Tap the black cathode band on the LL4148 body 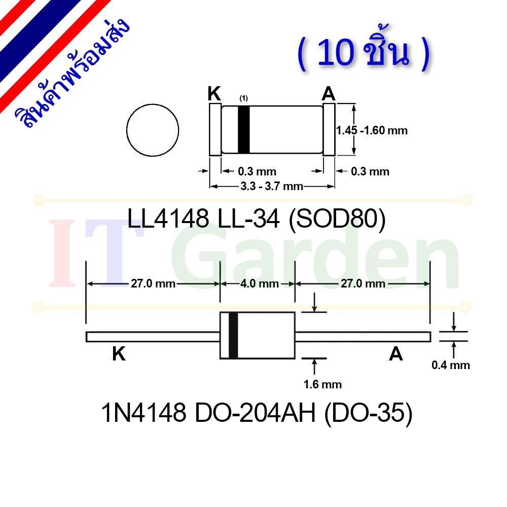click(x=244, y=129)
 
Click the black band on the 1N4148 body click(x=233, y=335)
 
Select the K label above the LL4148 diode click(x=214, y=93)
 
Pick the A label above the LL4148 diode click(x=329, y=93)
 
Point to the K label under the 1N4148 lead click(x=119, y=353)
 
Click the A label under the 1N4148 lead click(x=396, y=353)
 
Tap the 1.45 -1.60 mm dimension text click(x=372, y=130)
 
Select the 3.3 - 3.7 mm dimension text click(x=272, y=186)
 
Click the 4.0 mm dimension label click(x=260, y=283)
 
